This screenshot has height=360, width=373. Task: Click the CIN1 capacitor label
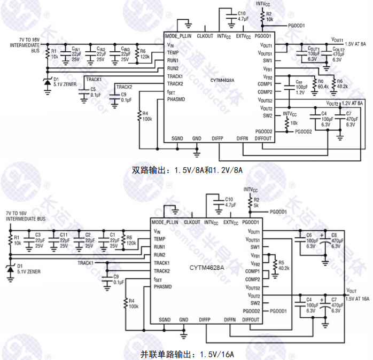pos(75,49)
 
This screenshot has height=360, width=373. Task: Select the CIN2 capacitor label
pos(100,49)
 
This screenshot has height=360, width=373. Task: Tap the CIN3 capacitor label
pos(125,49)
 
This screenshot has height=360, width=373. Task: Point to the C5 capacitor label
pos(93,89)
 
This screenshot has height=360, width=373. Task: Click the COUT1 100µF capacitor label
pos(313,49)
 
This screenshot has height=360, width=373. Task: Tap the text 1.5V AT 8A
pos(355,45)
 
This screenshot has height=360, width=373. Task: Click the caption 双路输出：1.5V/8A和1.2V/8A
pos(187,170)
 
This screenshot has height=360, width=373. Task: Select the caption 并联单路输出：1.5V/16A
pos(187,354)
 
